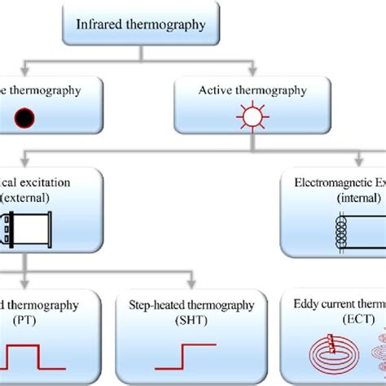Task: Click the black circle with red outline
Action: (x=27, y=120)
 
